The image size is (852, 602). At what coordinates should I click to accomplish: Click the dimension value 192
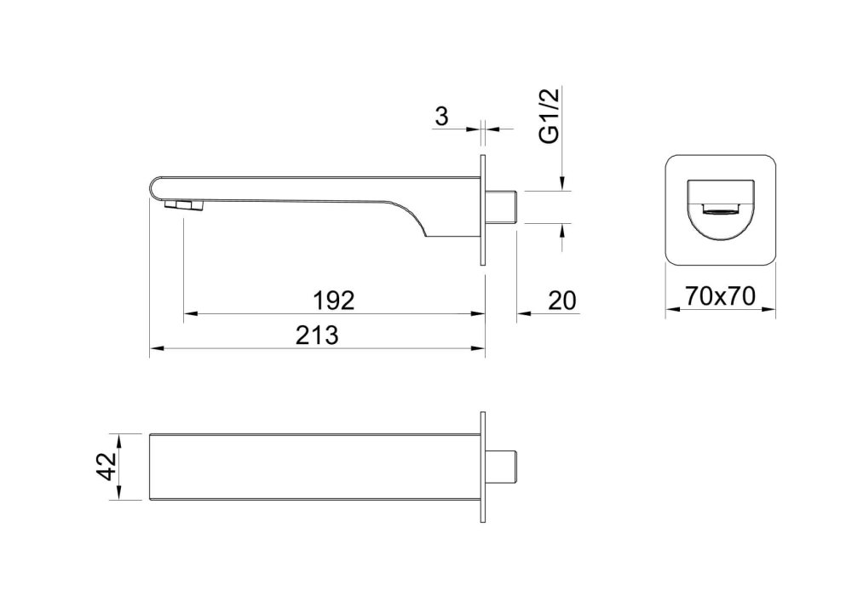[x=334, y=301]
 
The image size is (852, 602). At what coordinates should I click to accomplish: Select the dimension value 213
[x=317, y=335]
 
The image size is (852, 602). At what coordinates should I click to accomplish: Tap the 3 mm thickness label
[x=442, y=116]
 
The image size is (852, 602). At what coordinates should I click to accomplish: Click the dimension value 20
[x=561, y=301]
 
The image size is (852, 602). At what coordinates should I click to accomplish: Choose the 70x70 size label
[x=720, y=296]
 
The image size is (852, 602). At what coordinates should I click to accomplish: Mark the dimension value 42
[x=107, y=467]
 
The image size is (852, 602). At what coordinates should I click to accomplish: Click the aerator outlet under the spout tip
[x=183, y=204]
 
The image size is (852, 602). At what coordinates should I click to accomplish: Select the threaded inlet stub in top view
[x=501, y=467]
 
